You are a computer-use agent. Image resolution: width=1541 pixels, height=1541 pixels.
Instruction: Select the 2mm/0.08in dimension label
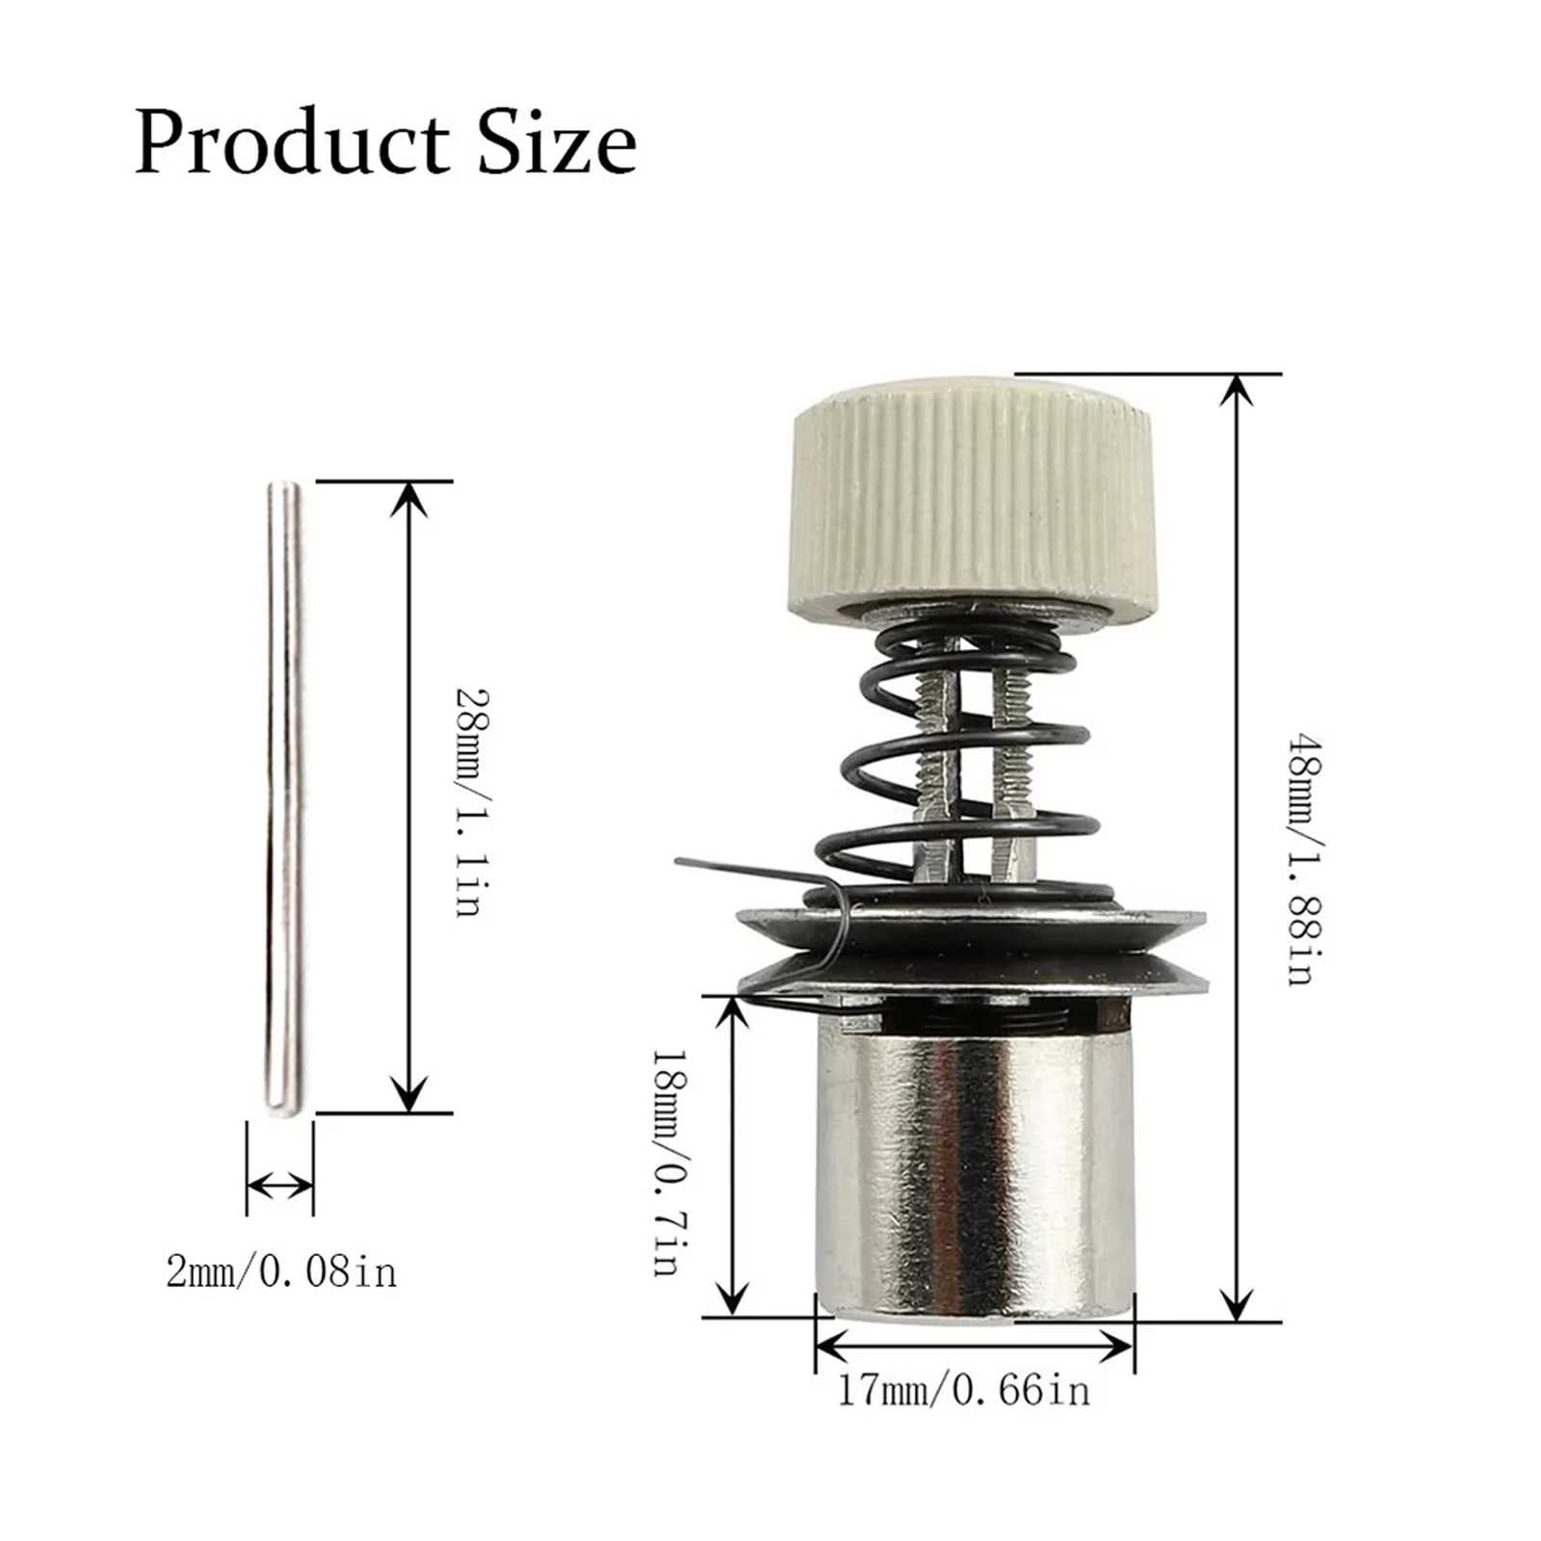(x=280, y=1273)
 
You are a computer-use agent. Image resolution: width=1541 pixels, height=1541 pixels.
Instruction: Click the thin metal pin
(x=283, y=799)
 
